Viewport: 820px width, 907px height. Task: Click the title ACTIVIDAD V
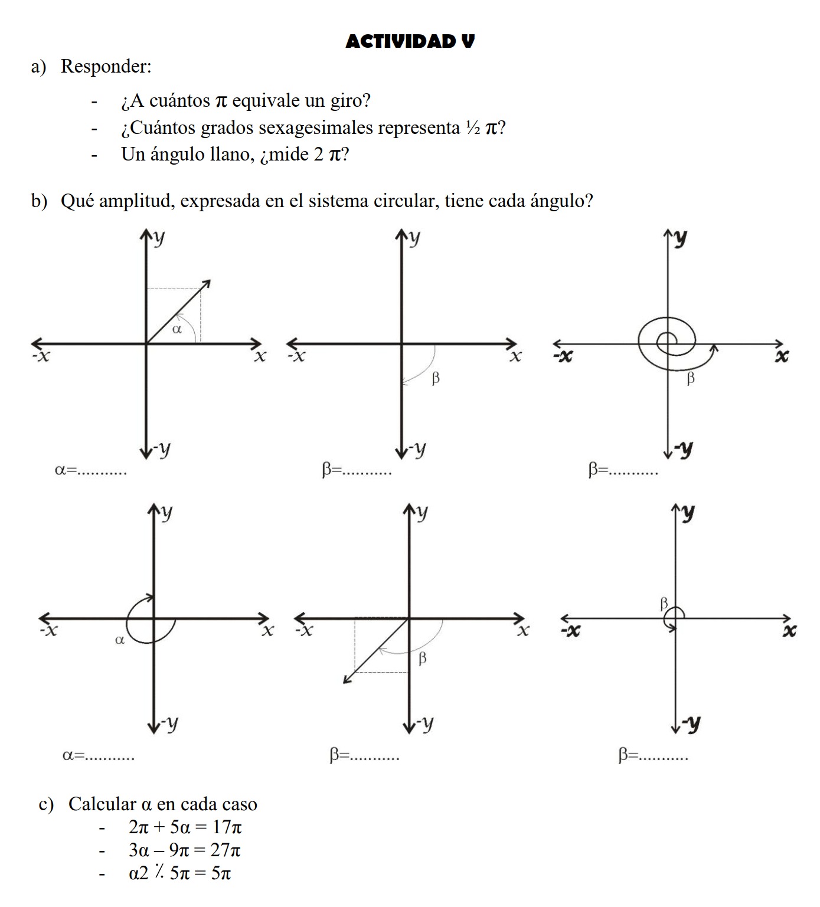[410, 41]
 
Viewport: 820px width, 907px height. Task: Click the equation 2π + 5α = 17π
[185, 827]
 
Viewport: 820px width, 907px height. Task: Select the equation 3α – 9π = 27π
[184, 850]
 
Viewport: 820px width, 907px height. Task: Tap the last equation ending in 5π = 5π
[179, 873]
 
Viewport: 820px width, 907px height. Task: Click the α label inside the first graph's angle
[177, 329]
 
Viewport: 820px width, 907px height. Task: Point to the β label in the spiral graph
[691, 378]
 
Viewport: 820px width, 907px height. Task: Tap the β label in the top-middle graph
[436, 378]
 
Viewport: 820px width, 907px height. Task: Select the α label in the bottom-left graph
[120, 639]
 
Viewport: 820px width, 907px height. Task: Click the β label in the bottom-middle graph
[422, 658]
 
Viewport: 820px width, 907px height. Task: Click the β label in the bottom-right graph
[664, 603]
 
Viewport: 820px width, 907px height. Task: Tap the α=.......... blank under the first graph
[90, 470]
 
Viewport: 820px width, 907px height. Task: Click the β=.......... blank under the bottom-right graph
[653, 754]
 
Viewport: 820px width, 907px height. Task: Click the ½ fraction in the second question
[472, 127]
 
